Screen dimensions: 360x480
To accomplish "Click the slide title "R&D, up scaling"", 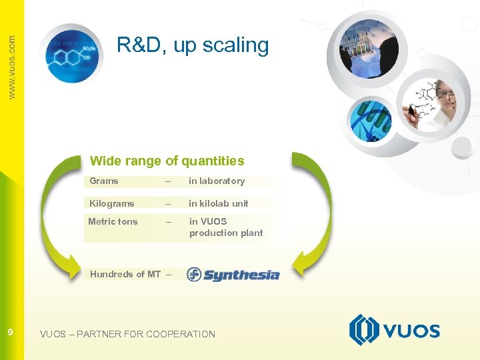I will [x=193, y=45].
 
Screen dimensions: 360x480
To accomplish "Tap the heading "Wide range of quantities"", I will [x=167, y=161].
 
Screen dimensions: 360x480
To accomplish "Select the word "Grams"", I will [x=104, y=181].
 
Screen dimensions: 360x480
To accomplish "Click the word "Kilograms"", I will [x=112, y=203].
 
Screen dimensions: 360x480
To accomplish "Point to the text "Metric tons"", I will [x=113, y=221].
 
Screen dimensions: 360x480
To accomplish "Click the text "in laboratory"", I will [x=217, y=181].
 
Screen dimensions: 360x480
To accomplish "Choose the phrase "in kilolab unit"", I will [x=218, y=203].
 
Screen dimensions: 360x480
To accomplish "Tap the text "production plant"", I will [x=226, y=233].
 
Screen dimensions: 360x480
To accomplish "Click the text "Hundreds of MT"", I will [x=125, y=274].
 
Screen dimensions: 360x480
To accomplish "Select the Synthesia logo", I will [x=233, y=274].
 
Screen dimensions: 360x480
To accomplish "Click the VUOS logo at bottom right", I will [x=394, y=330].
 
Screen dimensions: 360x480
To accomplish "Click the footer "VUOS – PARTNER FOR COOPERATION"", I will [x=127, y=334].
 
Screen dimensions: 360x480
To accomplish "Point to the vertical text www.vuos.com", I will [x=11, y=67].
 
